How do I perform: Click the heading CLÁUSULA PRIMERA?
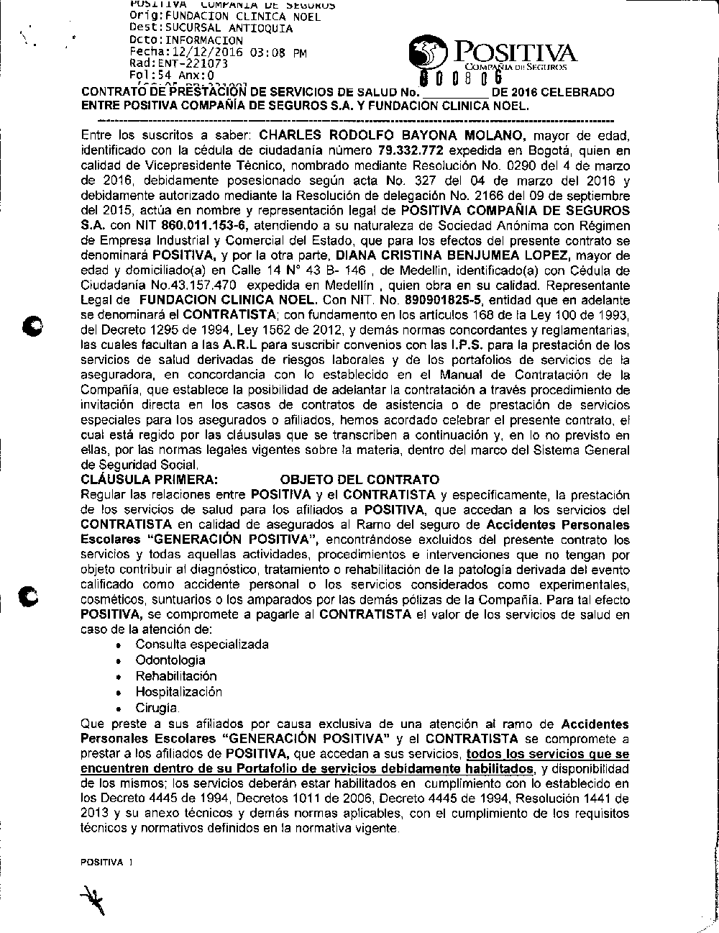149,479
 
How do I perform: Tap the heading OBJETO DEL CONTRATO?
359,479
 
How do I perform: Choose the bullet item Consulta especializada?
202,644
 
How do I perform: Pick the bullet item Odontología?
170,660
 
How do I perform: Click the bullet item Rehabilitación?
176,675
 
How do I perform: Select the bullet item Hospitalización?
179,691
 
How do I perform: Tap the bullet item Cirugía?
157,707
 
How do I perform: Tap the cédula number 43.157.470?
173,285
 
